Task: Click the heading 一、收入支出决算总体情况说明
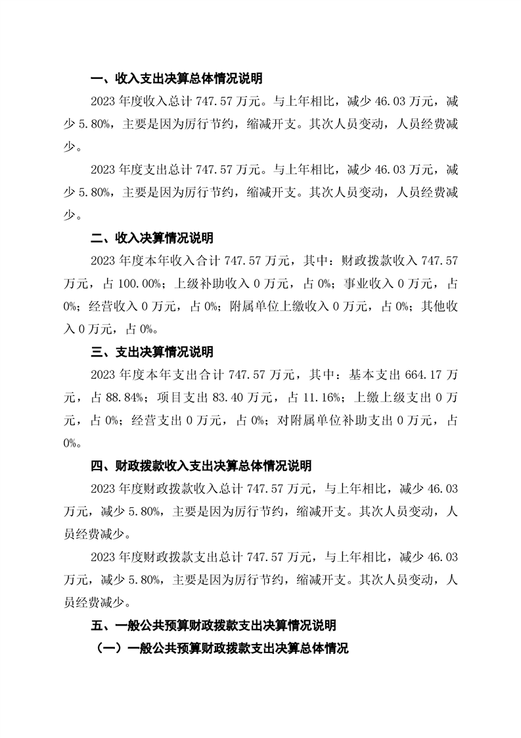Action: coord(176,79)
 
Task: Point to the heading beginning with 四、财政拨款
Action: coord(201,466)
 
